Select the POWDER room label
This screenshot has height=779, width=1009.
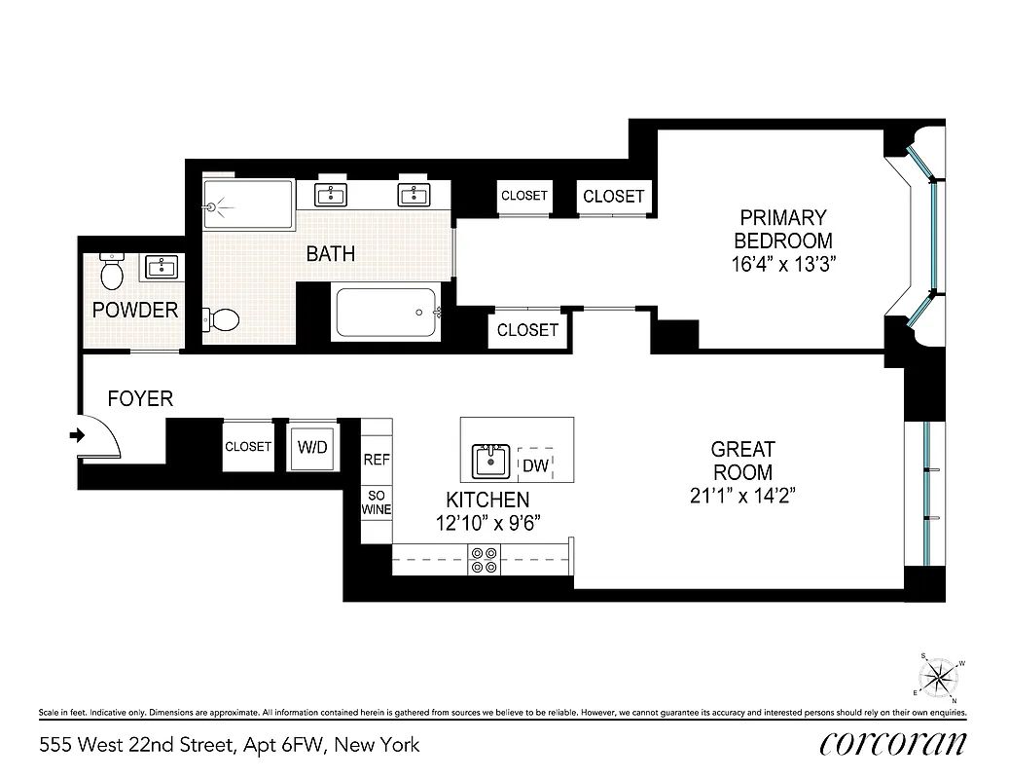pyautogui.click(x=135, y=311)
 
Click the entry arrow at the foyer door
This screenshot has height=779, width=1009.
pyautogui.click(x=77, y=436)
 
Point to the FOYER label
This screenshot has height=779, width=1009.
pyautogui.click(x=140, y=398)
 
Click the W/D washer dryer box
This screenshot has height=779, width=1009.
pyautogui.click(x=312, y=447)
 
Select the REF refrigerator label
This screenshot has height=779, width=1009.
pyautogui.click(x=377, y=460)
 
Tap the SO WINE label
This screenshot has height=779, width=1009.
pyautogui.click(x=377, y=501)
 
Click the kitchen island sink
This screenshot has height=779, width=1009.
pyautogui.click(x=490, y=461)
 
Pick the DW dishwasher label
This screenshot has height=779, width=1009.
pyautogui.click(x=535, y=465)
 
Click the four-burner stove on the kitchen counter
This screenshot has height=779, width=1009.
pyautogui.click(x=484, y=561)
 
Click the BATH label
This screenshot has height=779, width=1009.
pyautogui.click(x=331, y=254)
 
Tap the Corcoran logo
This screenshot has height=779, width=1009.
pyautogui.click(x=892, y=743)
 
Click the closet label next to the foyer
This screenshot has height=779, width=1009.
pyautogui.click(x=248, y=447)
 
